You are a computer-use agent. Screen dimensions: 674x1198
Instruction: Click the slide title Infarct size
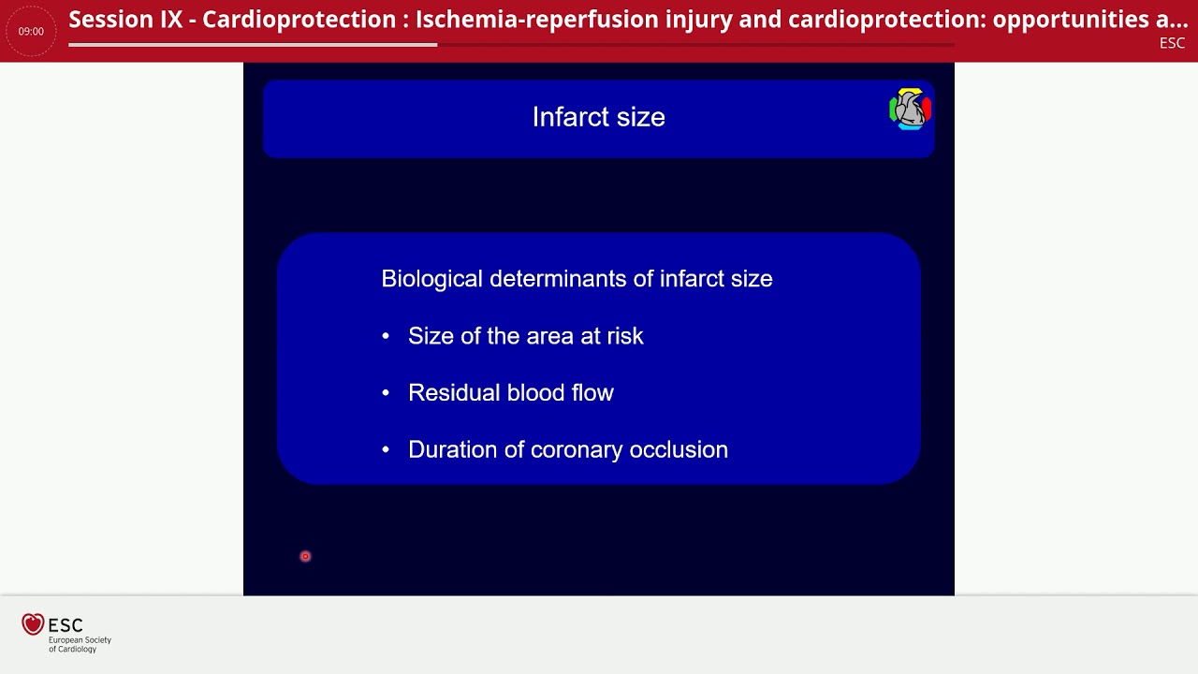598,117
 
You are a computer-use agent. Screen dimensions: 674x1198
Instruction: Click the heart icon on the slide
909,110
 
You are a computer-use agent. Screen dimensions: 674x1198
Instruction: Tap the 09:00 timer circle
31,31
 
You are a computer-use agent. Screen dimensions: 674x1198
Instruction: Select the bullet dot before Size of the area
386,337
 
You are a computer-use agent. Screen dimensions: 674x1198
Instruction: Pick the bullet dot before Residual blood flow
386,394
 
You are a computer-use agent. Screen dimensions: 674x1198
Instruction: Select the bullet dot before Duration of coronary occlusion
386,451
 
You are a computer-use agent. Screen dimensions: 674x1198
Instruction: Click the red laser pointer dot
305,556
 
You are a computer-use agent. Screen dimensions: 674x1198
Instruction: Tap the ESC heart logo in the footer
33,624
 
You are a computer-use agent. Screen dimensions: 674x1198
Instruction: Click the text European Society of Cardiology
80,644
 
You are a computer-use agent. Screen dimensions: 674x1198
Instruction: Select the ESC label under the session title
1172,43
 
